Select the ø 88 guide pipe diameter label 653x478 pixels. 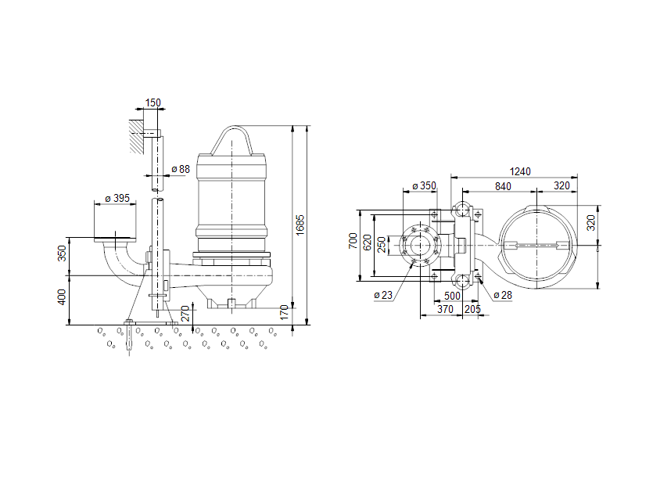[x=180, y=169]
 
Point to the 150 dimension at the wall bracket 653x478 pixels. [x=152, y=102]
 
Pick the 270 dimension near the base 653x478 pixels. [x=185, y=314]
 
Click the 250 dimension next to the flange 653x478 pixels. [x=382, y=244]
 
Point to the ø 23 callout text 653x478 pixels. [x=382, y=295]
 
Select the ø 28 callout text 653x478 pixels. [x=503, y=295]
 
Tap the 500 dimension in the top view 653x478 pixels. [x=452, y=296]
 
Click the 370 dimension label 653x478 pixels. [x=445, y=311]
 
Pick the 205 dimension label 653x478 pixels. [x=472, y=311]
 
